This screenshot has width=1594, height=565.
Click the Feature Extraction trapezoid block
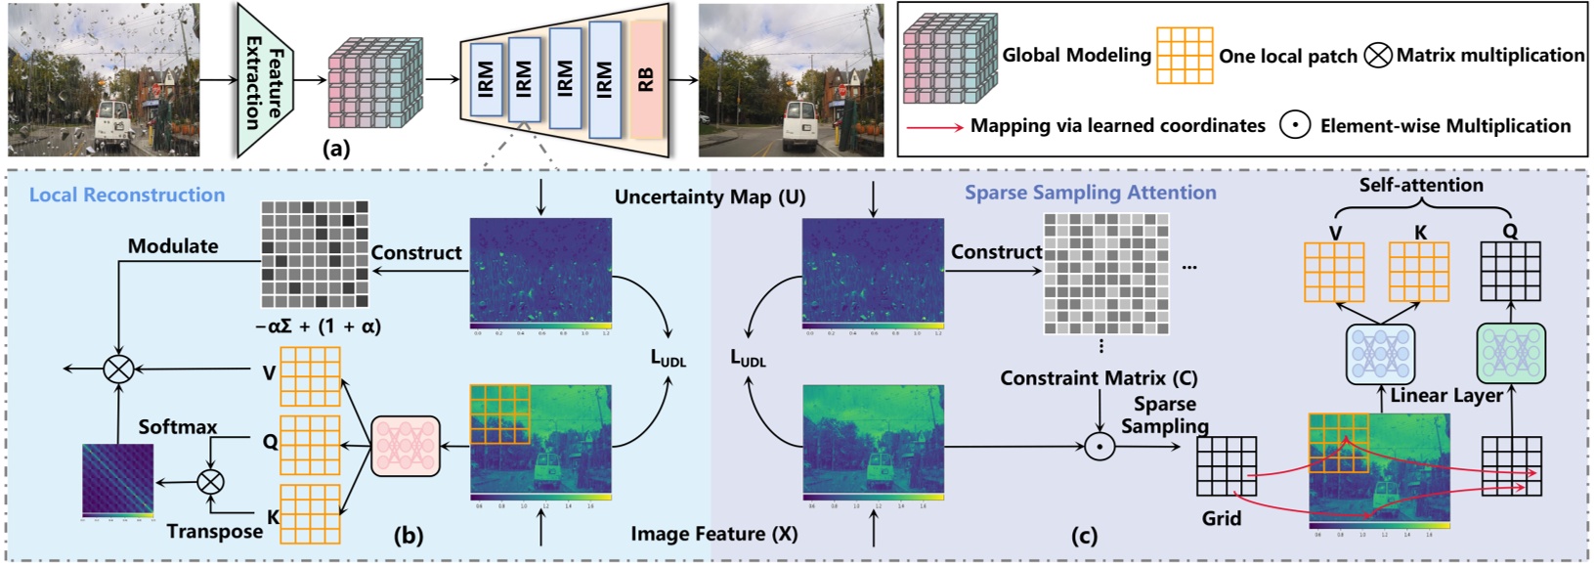(x=264, y=81)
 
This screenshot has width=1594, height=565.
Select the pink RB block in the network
(x=646, y=79)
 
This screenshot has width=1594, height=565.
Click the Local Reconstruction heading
(x=127, y=195)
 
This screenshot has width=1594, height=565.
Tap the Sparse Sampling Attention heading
(x=1091, y=193)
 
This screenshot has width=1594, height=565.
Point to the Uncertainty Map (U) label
(x=710, y=196)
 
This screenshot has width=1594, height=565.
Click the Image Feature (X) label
(x=713, y=534)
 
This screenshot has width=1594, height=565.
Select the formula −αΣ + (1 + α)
(x=318, y=326)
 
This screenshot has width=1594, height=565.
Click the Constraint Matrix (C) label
(x=1099, y=377)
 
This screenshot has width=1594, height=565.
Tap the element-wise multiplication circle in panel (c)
(x=1099, y=448)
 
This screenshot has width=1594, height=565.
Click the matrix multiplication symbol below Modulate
(x=119, y=369)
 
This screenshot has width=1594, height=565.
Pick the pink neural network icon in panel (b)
(x=406, y=447)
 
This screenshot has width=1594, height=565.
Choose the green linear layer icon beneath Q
(x=1511, y=353)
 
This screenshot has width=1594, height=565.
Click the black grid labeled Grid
(x=1227, y=466)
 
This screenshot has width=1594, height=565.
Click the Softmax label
(x=178, y=427)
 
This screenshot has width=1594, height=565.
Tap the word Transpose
(x=214, y=531)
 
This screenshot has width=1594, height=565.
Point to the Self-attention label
(x=1421, y=185)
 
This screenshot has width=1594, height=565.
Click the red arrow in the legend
(x=934, y=127)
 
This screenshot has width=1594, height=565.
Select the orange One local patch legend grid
(x=1185, y=56)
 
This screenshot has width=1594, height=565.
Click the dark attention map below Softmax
(x=117, y=480)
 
